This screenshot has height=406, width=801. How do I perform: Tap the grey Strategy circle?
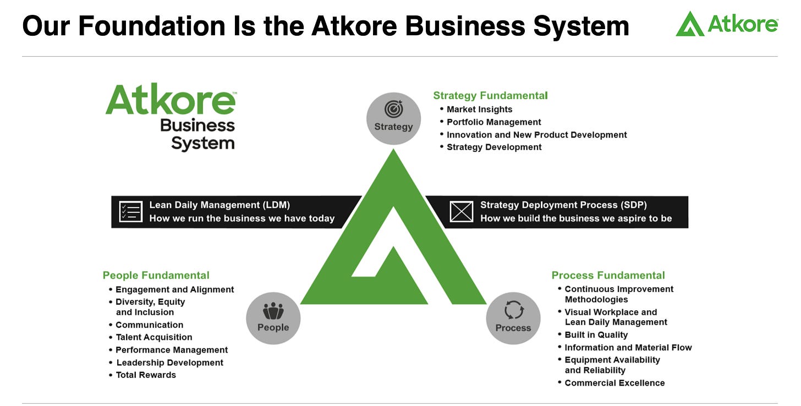(393, 118)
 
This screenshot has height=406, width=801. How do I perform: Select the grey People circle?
(273, 319)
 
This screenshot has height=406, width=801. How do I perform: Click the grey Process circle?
(513, 319)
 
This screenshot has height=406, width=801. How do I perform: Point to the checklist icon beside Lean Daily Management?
(130, 211)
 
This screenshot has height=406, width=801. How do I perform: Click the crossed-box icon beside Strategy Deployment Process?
(461, 211)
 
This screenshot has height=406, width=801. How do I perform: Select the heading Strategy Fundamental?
(490, 96)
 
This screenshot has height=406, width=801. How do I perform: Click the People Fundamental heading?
(156, 276)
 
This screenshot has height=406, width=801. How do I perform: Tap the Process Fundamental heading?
(608, 276)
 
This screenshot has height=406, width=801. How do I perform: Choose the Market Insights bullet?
(479, 109)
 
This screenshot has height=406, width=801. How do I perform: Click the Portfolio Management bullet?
(493, 122)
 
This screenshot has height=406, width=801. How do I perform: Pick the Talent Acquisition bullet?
(153, 337)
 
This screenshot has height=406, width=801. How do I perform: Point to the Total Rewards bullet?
(146, 375)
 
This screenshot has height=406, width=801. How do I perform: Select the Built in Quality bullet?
(596, 335)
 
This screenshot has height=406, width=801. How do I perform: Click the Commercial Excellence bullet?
(615, 383)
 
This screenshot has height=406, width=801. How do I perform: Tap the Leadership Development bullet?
(169, 363)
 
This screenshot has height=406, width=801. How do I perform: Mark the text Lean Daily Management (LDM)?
(220, 205)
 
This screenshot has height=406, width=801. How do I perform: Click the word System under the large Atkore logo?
(202, 144)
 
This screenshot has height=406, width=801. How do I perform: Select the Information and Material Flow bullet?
(628, 348)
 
